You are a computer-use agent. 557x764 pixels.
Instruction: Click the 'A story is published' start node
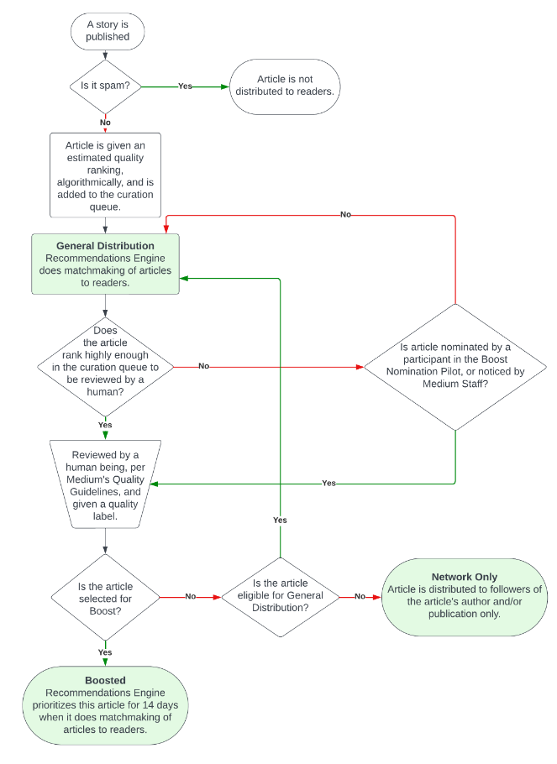coord(108,31)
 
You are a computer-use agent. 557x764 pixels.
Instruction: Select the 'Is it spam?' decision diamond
coord(105,86)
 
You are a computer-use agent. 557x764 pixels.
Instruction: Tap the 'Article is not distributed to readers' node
coord(285,86)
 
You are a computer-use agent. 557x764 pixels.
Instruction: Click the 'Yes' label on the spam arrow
coord(185,86)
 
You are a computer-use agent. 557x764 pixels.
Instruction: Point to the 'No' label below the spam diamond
coord(105,123)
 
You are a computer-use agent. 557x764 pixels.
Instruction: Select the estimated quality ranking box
coord(105,175)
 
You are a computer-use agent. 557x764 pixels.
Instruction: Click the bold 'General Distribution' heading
coord(105,246)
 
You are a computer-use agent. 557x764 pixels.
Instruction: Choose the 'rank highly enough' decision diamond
coord(105,366)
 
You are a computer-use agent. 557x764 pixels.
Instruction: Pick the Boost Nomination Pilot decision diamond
coord(455,366)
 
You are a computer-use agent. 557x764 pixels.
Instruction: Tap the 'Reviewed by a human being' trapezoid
coord(105,484)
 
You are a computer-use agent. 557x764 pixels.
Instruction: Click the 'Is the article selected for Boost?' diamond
coord(105,598)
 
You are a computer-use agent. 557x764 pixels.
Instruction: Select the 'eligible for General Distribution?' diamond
coord(281,597)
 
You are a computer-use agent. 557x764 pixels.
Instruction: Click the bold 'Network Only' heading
coord(465,577)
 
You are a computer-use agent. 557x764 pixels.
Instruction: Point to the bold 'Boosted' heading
coord(105,680)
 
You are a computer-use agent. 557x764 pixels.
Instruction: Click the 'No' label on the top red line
coord(346,214)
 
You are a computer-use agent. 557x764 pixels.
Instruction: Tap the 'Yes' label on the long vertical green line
coord(280,520)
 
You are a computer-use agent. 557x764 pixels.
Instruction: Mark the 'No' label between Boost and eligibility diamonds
coord(190,596)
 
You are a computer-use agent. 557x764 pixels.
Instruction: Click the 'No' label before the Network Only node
coord(360,596)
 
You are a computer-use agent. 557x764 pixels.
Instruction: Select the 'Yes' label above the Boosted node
coord(105,652)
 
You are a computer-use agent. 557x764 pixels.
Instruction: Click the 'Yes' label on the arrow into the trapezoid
coord(328,483)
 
